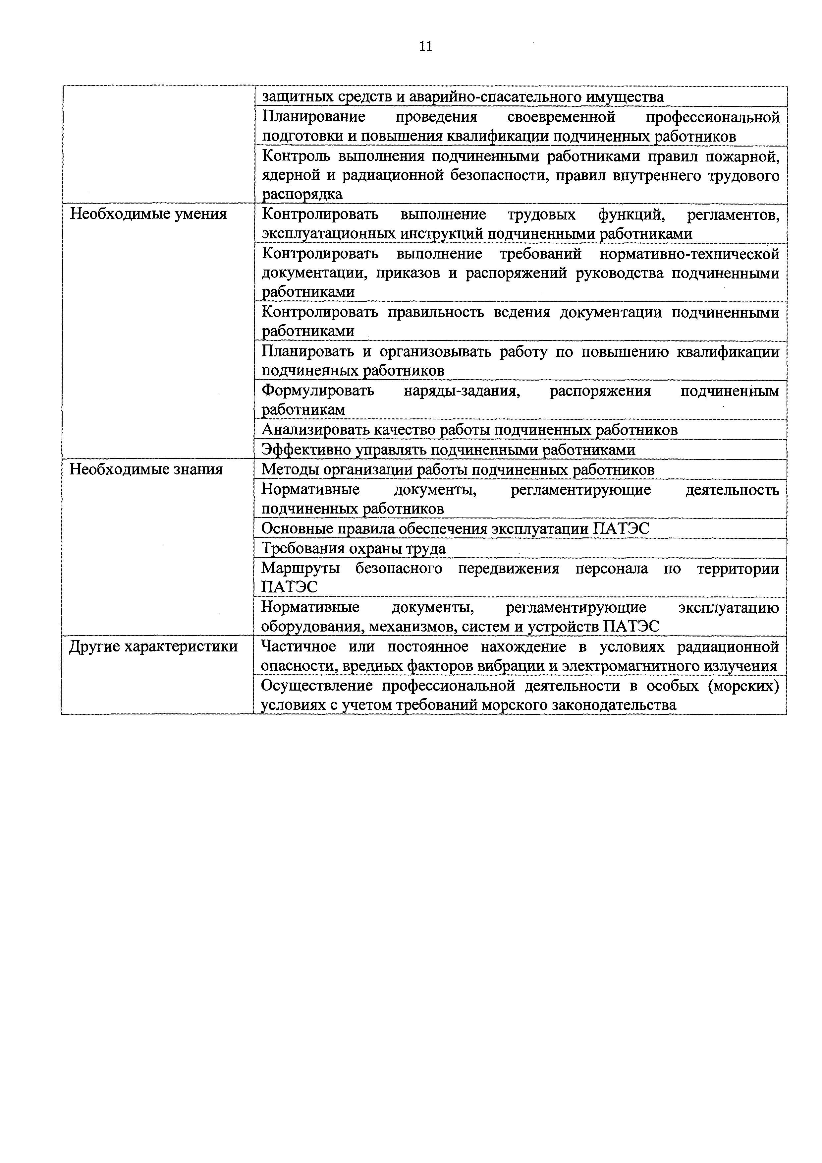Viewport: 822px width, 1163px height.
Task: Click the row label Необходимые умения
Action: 148,214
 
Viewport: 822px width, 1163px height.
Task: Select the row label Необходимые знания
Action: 146,469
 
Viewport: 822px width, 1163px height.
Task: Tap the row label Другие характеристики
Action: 153,647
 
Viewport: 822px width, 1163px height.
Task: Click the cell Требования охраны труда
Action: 353,549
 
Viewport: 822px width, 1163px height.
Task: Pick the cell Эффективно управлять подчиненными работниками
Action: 448,450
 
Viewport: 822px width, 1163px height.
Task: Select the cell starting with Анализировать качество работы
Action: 469,430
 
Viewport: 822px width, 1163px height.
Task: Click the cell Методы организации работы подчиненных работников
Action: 458,469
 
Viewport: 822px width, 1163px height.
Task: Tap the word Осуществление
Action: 316,686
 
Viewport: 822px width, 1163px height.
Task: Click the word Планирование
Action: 314,117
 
